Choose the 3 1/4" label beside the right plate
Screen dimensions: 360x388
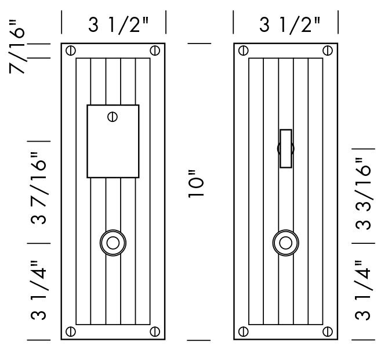point(363,291)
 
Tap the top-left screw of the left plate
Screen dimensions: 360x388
point(70,51)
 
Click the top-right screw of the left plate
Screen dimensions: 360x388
point(155,51)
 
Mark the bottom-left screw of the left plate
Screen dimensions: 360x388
point(70,332)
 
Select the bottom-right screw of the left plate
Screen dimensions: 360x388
point(155,332)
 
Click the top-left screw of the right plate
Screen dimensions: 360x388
point(242,51)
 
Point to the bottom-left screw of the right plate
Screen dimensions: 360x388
point(242,332)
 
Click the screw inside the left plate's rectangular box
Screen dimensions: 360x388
point(113,117)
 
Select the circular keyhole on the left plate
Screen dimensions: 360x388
point(113,242)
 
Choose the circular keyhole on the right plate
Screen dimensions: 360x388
point(285,242)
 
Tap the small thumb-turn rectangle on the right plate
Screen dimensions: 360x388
point(285,149)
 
